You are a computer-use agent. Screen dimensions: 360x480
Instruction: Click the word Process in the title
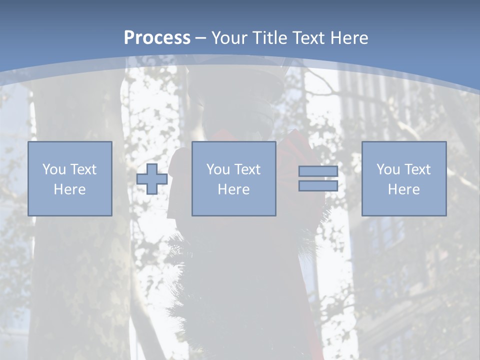click(x=157, y=38)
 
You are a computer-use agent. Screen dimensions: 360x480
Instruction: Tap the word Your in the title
click(x=230, y=38)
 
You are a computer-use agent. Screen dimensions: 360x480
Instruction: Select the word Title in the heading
click(x=269, y=38)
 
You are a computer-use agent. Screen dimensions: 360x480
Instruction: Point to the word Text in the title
click(x=307, y=38)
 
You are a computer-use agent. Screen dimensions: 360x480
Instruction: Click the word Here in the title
click(x=349, y=38)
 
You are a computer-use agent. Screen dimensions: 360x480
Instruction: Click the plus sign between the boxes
click(x=152, y=179)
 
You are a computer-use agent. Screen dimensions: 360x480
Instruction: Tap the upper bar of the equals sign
click(x=318, y=171)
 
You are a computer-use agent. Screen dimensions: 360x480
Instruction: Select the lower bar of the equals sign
click(x=318, y=185)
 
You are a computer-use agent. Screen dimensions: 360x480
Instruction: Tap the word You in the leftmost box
click(x=54, y=169)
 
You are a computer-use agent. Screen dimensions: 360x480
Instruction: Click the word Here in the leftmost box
click(x=70, y=189)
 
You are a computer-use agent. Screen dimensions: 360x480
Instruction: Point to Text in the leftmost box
click(x=83, y=169)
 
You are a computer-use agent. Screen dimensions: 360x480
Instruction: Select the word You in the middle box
click(x=218, y=169)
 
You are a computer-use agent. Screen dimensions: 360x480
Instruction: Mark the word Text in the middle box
click(x=247, y=169)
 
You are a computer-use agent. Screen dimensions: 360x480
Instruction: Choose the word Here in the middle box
click(x=233, y=189)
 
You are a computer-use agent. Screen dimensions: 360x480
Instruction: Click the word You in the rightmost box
click(x=388, y=169)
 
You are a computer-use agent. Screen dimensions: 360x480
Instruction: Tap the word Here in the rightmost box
click(x=404, y=189)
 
